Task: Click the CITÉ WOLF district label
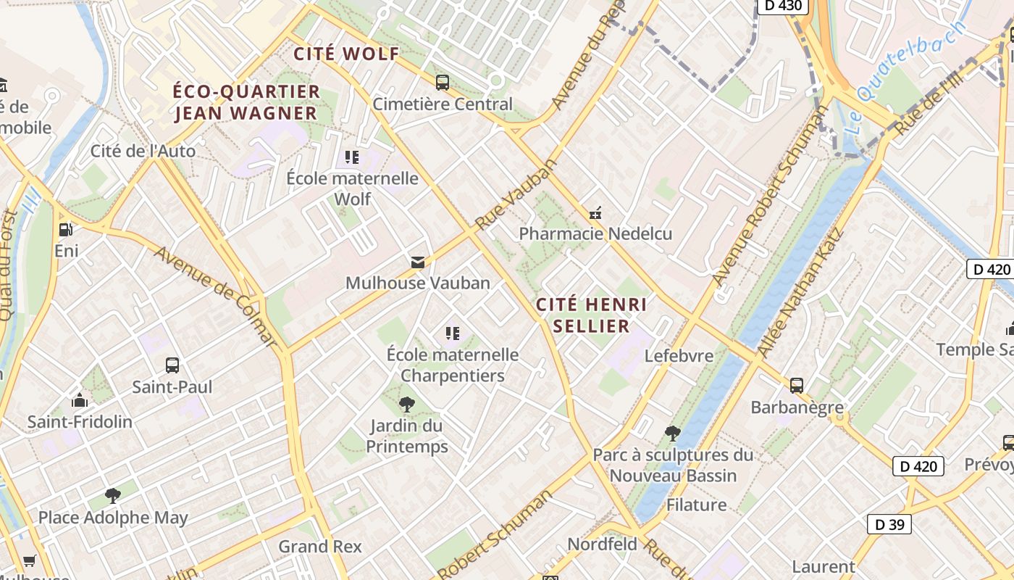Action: click(x=346, y=54)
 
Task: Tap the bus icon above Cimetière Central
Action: click(x=442, y=83)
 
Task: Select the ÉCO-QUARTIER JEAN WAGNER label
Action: click(x=247, y=102)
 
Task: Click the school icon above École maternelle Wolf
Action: click(x=352, y=157)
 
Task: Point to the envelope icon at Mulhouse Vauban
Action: click(x=418, y=262)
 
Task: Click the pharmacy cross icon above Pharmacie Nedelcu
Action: click(x=595, y=213)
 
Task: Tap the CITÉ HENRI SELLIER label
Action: click(x=592, y=315)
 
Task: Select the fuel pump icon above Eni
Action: click(x=66, y=230)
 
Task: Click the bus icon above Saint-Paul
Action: click(x=172, y=365)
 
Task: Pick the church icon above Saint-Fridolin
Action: click(x=80, y=400)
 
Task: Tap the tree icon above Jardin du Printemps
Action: click(x=407, y=404)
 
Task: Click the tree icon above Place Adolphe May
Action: click(x=112, y=496)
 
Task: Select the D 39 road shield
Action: click(x=889, y=524)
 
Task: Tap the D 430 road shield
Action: click(x=782, y=6)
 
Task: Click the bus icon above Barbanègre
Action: click(x=797, y=386)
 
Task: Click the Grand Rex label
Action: click(x=319, y=546)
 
